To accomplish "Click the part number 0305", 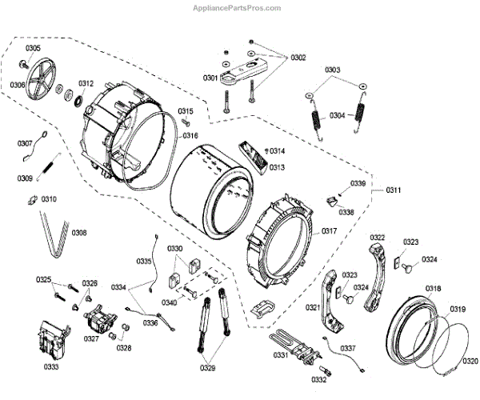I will pos(32,49).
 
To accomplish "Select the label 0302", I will pos(298,58).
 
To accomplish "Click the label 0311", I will pos(393,190).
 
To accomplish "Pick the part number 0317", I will pos(329,232).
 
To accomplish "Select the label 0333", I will pos(52,367).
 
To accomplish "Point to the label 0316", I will pos(190,136).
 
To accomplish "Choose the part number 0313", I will pos(277,167).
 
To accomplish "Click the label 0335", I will pos(143,262).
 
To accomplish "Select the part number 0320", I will pos(471,362).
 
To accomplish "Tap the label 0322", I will pos(378,237).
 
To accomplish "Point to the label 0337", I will pos(347,348).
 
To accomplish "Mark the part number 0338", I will pos(346,213).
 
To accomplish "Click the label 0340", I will pos(169,302).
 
